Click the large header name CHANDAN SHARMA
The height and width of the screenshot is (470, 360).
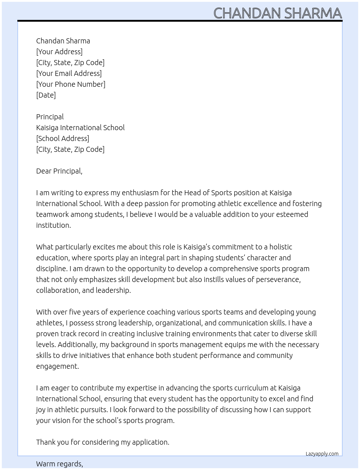pyautogui.click(x=277, y=13)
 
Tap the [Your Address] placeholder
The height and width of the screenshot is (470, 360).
pyautogui.click(x=59, y=52)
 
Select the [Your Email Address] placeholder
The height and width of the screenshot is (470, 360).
pyautogui.click(x=69, y=73)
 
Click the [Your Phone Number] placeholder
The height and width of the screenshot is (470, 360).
pyautogui.click(x=70, y=84)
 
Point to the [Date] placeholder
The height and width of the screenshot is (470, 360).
pyautogui.click(x=46, y=95)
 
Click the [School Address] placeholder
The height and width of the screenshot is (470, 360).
pyautogui.click(x=63, y=138)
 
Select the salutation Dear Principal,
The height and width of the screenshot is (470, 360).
pyautogui.click(x=59, y=171)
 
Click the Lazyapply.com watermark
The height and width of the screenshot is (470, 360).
pyautogui.click(x=322, y=454)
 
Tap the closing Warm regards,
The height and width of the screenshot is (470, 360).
pyautogui.click(x=60, y=464)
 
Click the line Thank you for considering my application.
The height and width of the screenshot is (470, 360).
pyautogui.click(x=103, y=442)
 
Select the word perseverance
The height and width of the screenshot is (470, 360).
pyautogui.click(x=278, y=279)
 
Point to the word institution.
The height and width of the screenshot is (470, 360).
pyautogui.click(x=53, y=225)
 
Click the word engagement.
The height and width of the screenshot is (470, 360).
pyautogui.click(x=57, y=366)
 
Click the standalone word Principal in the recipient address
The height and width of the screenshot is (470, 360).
pyautogui.click(x=50, y=117)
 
